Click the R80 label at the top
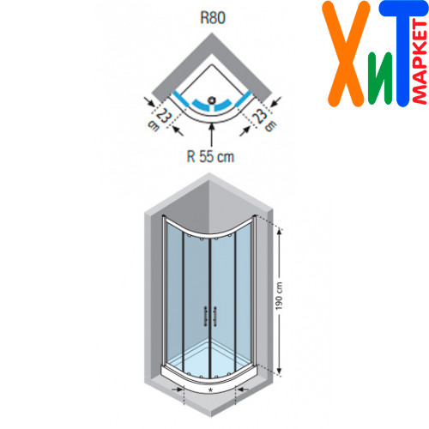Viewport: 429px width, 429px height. pyautogui.click(x=213, y=17)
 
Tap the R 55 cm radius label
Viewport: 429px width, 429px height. pyautogui.click(x=210, y=156)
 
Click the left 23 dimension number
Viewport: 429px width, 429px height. pyautogui.click(x=164, y=116)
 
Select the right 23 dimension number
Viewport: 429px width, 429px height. pyautogui.click(x=260, y=116)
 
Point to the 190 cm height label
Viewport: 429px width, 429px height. pyautogui.click(x=279, y=295)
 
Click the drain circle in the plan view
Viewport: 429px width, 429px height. pyautogui.click(x=212, y=100)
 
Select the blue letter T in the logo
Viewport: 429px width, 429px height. pyautogui.click(x=402, y=54)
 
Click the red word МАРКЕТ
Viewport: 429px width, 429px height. pyautogui.click(x=420, y=63)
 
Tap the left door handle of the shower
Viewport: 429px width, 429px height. pyautogui.click(x=205, y=317)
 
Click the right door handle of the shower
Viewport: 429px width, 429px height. pyautogui.click(x=214, y=317)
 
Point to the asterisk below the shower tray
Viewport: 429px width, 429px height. pyautogui.click(x=211, y=390)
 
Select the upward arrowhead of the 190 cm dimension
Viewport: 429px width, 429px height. pyautogui.click(x=280, y=233)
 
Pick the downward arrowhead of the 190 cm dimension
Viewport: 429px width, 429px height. pyautogui.click(x=280, y=371)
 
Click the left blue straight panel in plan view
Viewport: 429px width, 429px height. pyautogui.click(x=181, y=99)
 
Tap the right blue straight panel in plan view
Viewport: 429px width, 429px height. pyautogui.click(x=243, y=99)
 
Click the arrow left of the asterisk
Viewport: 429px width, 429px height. pyautogui.click(x=178, y=389)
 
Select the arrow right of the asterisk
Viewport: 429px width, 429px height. pyautogui.click(x=242, y=389)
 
